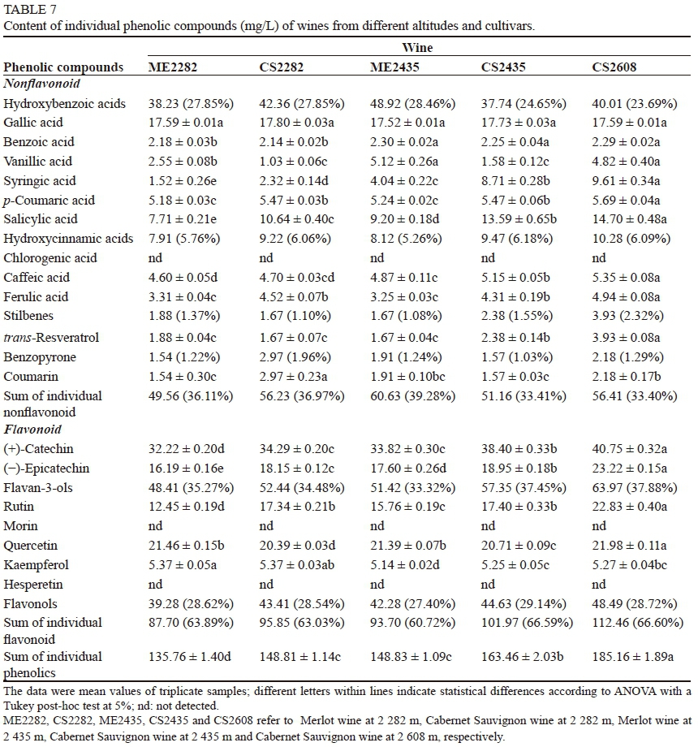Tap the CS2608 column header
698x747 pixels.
620,67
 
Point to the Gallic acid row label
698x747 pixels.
34,123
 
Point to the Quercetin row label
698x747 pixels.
30,546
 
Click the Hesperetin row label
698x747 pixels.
33,584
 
